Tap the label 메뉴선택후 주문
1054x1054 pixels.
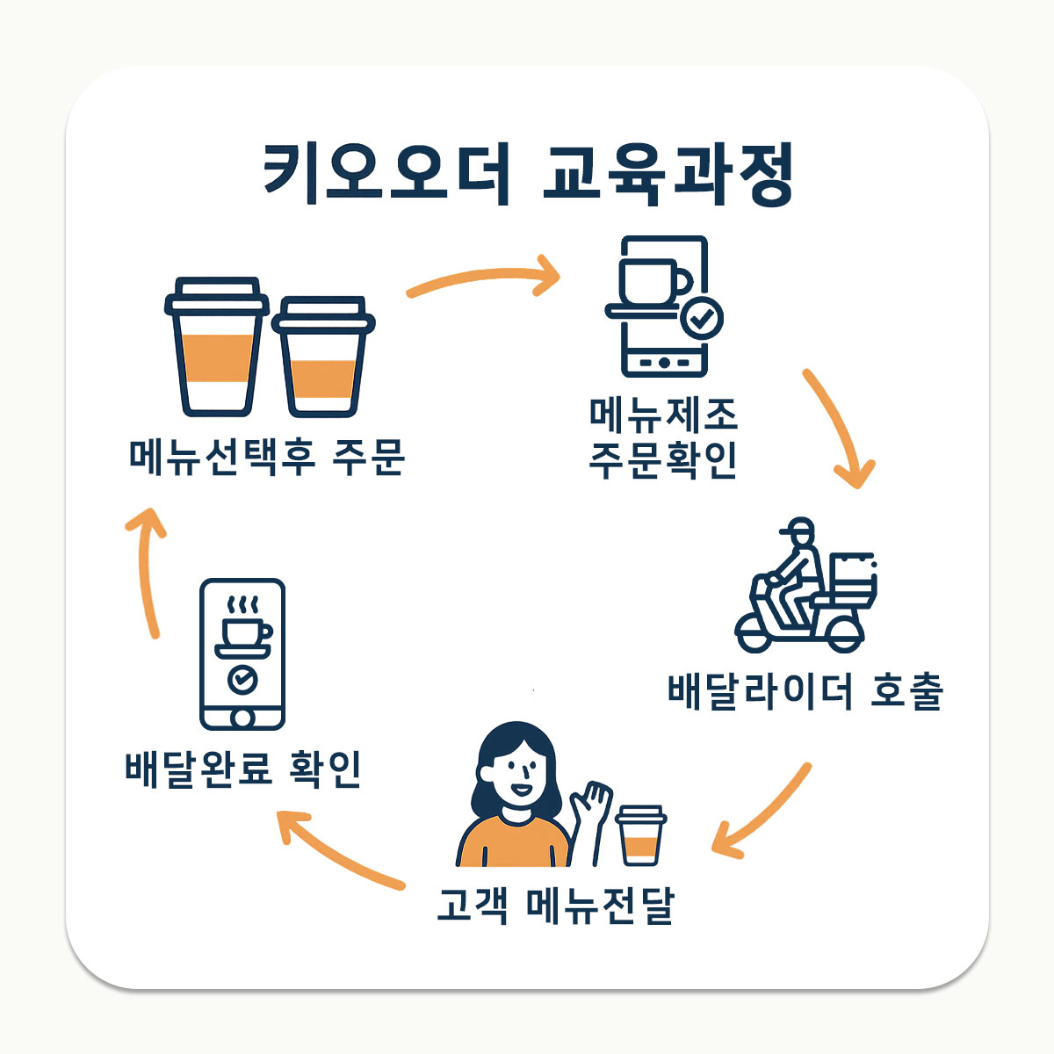click(266, 457)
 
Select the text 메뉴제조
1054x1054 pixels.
click(663, 415)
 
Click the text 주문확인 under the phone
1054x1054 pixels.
click(663, 460)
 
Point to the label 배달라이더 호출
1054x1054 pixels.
click(805, 692)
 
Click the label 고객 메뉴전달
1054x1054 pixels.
click(555, 906)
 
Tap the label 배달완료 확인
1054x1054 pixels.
click(243, 769)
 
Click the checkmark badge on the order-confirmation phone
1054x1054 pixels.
click(702, 318)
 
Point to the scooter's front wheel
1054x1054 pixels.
click(755, 633)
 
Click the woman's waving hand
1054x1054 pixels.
click(591, 800)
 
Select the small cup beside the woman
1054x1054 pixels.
click(641, 835)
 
